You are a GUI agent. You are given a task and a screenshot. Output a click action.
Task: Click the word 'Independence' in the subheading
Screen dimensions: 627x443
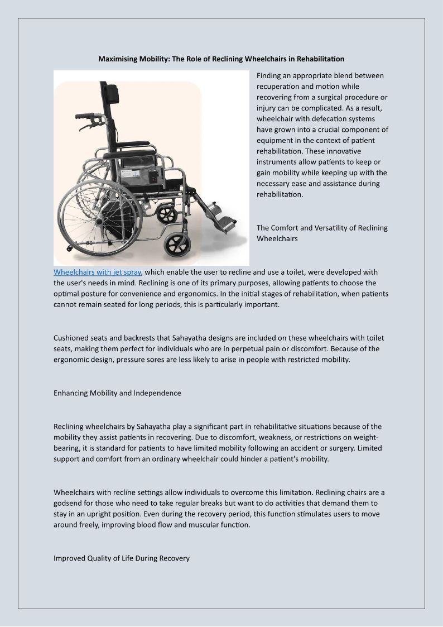point(157,393)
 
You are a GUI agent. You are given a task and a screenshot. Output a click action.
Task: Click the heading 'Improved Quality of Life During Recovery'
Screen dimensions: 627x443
point(122,558)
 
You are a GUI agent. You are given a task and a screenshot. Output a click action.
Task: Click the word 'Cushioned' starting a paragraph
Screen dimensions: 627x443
point(71,338)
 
